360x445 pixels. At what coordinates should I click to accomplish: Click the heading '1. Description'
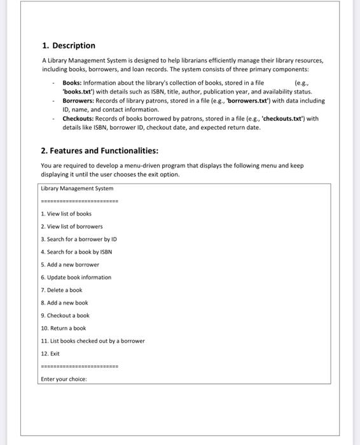click(x=69, y=46)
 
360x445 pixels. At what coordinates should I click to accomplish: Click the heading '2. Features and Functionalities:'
click(x=100, y=151)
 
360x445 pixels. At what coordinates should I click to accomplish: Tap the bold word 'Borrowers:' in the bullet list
click(x=80, y=100)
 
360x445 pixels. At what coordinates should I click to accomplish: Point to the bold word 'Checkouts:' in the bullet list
click(x=80, y=118)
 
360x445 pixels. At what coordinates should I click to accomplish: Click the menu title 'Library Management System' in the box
click(x=76, y=188)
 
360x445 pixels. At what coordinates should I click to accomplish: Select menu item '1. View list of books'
click(x=66, y=214)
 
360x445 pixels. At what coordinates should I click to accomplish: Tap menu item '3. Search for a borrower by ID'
click(x=79, y=239)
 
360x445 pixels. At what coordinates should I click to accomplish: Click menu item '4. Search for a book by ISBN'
click(x=76, y=252)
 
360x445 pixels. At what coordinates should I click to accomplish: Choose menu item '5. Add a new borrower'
click(x=70, y=264)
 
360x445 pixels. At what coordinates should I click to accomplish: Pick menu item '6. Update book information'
click(x=76, y=277)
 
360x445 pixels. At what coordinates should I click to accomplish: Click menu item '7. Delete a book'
click(x=62, y=290)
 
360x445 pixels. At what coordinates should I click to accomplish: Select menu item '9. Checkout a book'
click(x=65, y=315)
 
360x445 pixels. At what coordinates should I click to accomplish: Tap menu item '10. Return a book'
click(x=63, y=328)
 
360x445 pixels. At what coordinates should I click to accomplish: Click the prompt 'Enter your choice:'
click(x=64, y=380)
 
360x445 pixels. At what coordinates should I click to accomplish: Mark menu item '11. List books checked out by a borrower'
click(x=93, y=341)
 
